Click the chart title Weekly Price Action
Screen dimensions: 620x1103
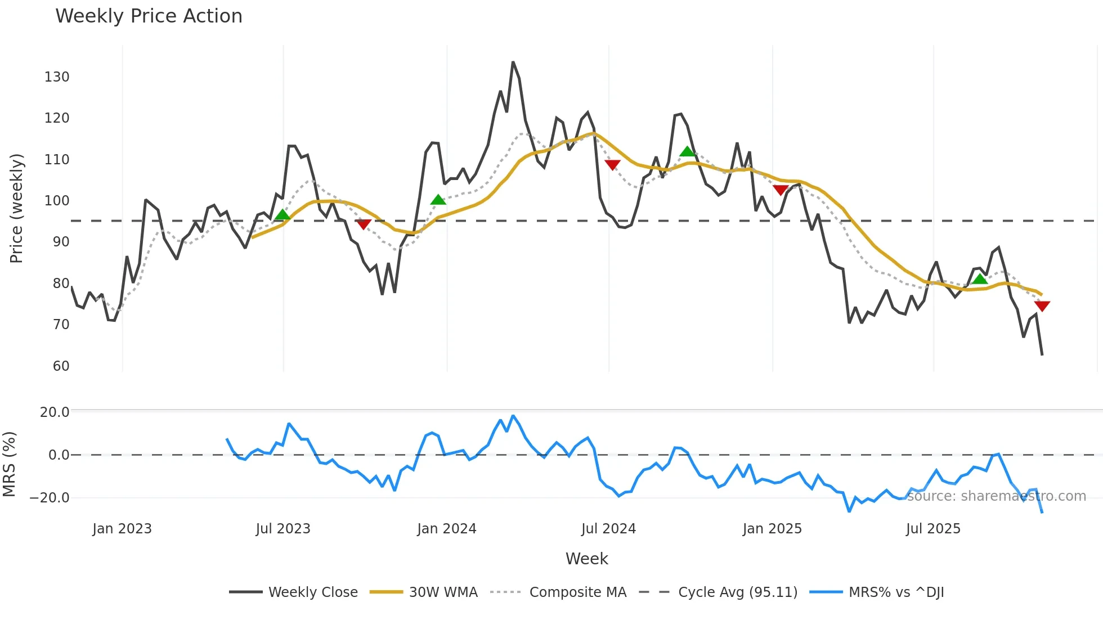coord(149,16)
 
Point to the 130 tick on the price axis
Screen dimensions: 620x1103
coord(57,77)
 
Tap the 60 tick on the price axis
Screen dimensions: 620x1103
coord(61,366)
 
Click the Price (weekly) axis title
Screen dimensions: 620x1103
coord(17,208)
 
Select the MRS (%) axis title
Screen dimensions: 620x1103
coord(9,464)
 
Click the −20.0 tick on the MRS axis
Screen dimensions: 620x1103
coord(50,498)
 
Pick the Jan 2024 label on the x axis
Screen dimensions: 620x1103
coord(446,529)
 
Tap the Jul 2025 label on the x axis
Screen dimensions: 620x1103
coord(933,529)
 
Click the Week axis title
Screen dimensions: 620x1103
coord(586,559)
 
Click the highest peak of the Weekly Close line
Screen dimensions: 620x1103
coord(513,62)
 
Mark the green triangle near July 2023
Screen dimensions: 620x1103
coord(283,215)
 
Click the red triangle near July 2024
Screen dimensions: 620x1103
coord(612,164)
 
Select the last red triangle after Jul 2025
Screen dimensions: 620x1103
coord(1042,305)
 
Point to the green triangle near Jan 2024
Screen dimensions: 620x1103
coord(438,200)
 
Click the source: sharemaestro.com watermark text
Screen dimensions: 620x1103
coord(996,496)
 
